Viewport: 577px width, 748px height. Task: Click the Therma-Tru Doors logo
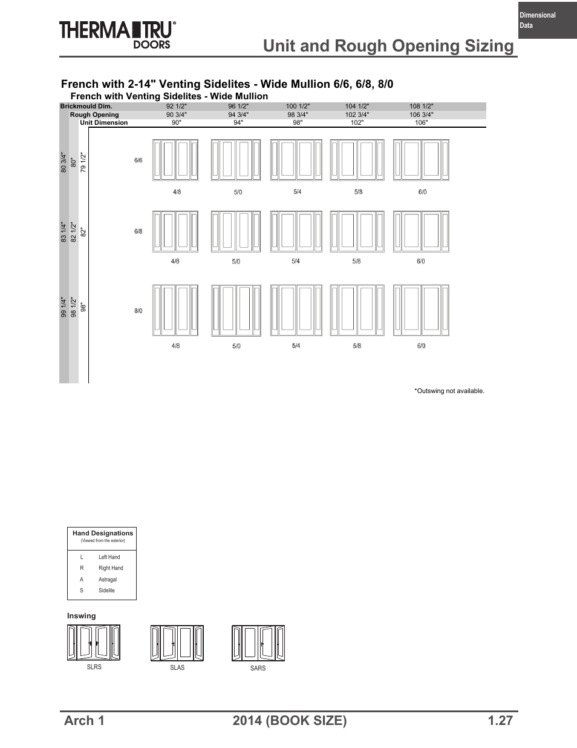[x=118, y=33]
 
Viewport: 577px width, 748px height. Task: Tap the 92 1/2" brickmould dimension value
[x=177, y=106]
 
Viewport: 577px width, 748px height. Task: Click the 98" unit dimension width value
[x=298, y=122]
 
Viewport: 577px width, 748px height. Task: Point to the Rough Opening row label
[x=94, y=114]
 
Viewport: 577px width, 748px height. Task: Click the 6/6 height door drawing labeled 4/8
[x=175, y=160]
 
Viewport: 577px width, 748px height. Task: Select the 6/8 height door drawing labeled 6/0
[x=421, y=231]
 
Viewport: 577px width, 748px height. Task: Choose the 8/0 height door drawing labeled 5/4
[x=296, y=310]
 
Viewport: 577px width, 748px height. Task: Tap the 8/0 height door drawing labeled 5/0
[x=236, y=310]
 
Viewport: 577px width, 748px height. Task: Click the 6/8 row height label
[x=139, y=231]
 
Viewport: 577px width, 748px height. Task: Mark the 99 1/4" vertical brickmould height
[x=64, y=307]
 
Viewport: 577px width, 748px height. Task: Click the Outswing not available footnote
[x=449, y=391]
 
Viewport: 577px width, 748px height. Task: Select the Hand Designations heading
[x=102, y=534]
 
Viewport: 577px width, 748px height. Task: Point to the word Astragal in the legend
[x=108, y=580]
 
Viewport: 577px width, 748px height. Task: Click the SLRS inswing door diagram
[x=94, y=643]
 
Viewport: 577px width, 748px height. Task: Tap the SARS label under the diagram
[x=258, y=668]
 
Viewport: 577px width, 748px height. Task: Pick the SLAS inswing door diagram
[x=177, y=643]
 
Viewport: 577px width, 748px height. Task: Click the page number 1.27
[x=500, y=720]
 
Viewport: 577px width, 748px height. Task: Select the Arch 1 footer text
[x=84, y=720]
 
